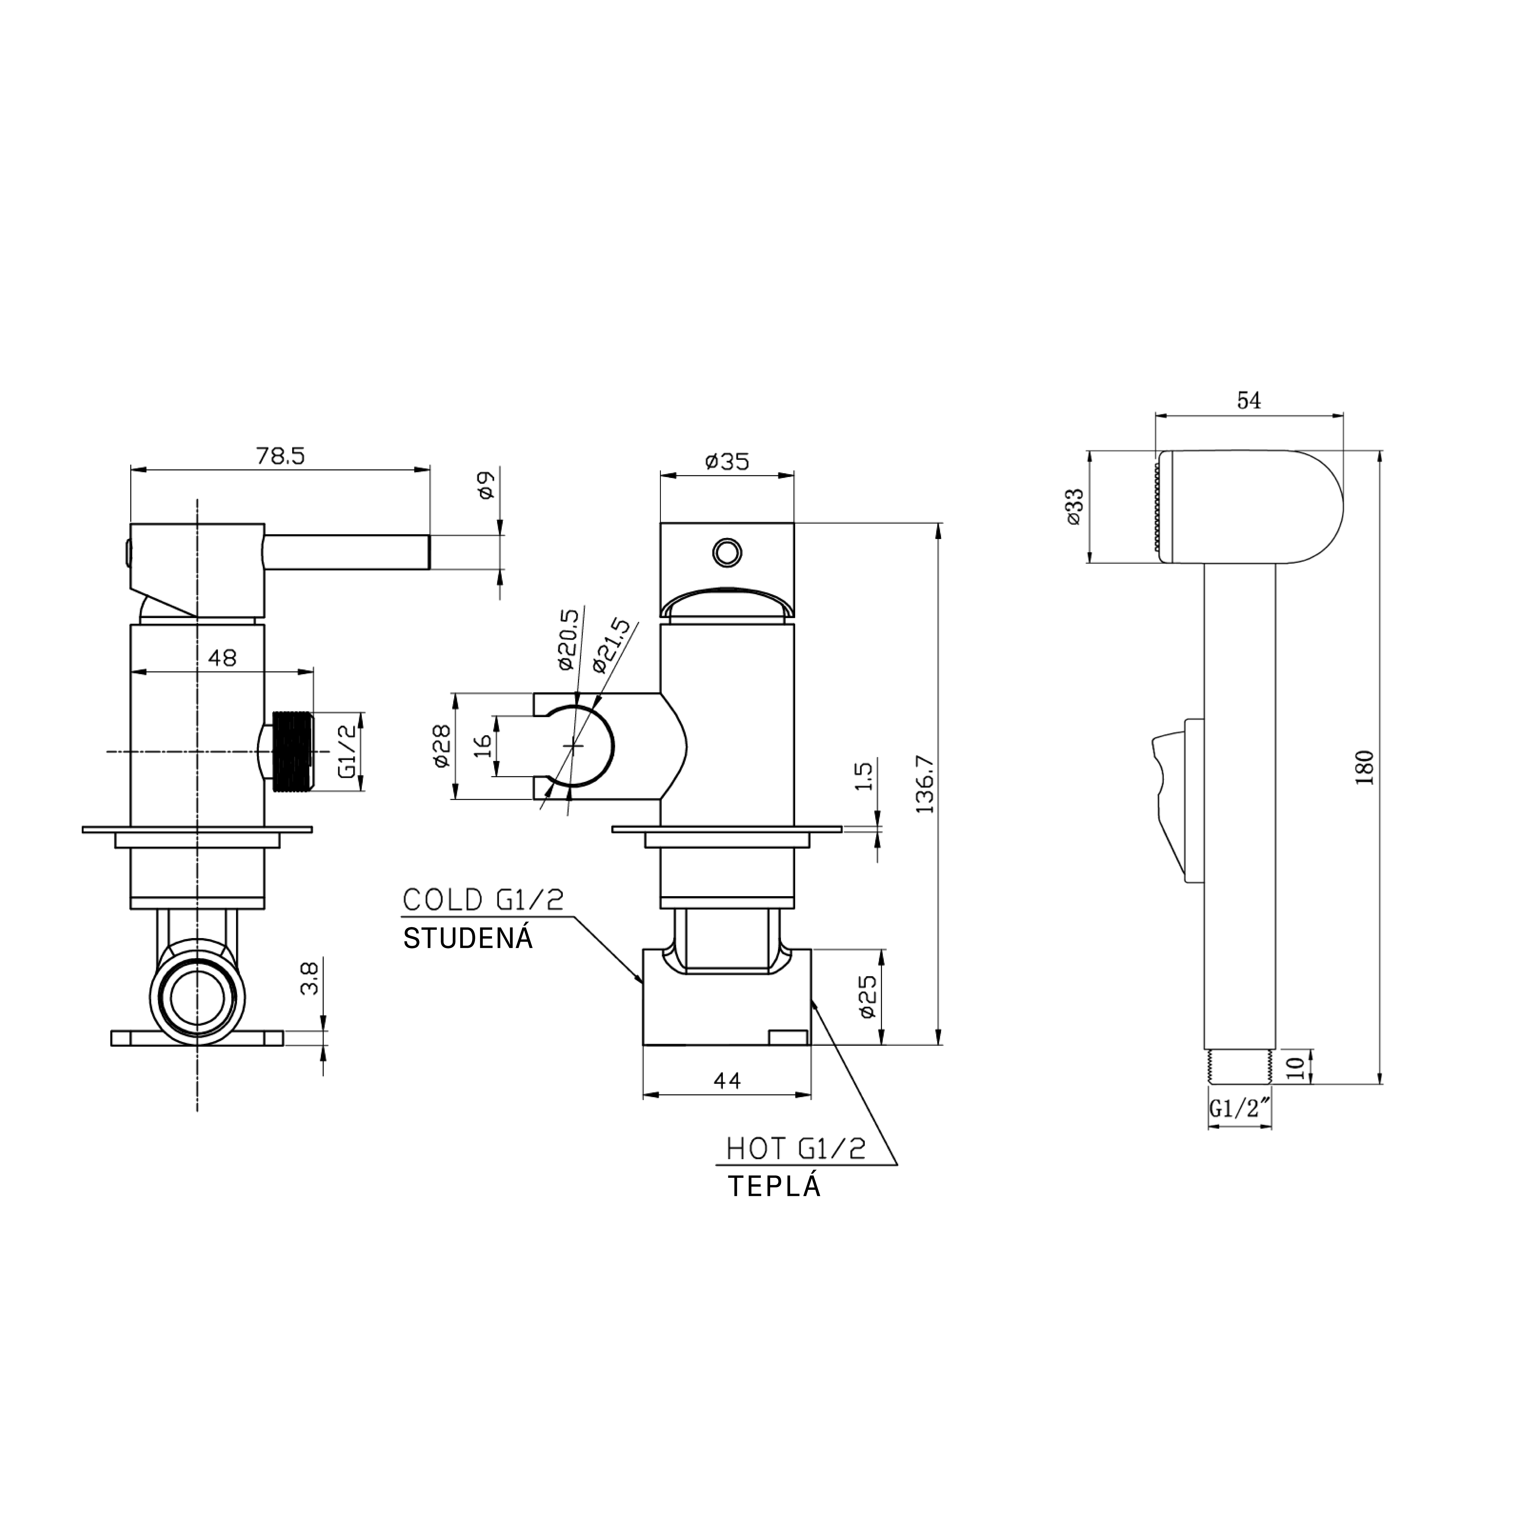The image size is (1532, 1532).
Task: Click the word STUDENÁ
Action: [468, 939]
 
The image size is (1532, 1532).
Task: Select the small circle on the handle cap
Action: [726, 551]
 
